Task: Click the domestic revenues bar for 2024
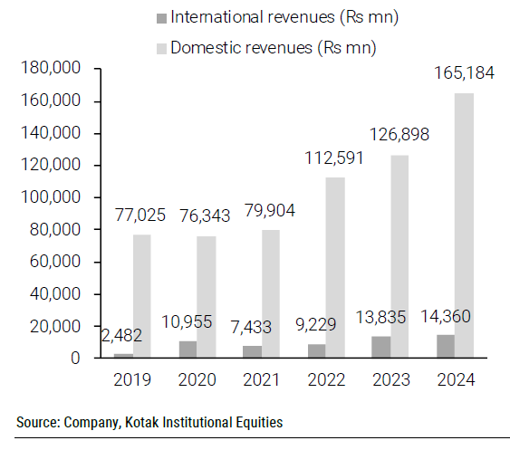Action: click(x=464, y=225)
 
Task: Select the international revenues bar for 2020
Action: click(x=188, y=349)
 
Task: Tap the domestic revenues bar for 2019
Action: click(x=142, y=296)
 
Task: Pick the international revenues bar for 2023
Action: click(x=380, y=347)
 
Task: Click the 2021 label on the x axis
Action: click(x=261, y=378)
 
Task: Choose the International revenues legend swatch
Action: click(x=161, y=17)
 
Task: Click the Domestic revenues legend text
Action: click(x=273, y=45)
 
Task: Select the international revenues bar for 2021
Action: click(x=252, y=352)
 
